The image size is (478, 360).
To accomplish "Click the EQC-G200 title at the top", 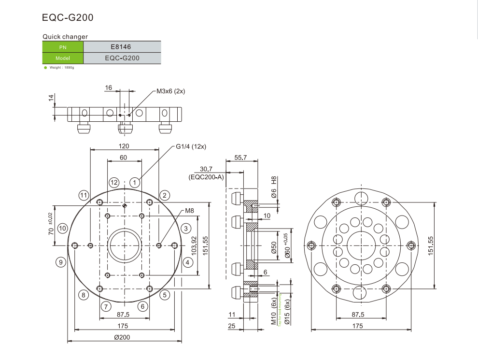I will click(68, 18).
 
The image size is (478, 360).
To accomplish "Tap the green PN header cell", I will click(63, 47).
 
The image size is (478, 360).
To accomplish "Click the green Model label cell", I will click(63, 58).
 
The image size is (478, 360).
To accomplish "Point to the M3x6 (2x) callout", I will click(171, 91).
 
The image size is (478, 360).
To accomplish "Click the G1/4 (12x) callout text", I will click(191, 146).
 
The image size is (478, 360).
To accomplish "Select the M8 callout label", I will click(189, 211).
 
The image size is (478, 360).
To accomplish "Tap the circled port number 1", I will click(135, 183).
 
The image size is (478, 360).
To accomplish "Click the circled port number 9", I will click(60, 262).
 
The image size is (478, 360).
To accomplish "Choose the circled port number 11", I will click(84, 195).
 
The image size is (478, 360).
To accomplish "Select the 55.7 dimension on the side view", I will click(240, 158).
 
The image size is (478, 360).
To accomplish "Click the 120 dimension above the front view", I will click(124, 146).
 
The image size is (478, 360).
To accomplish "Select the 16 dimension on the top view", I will click(108, 87).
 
